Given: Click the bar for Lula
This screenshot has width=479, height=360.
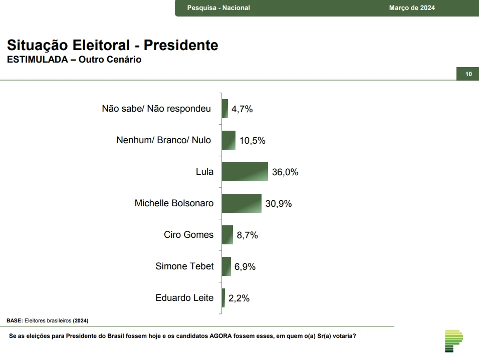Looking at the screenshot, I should click(x=245, y=172).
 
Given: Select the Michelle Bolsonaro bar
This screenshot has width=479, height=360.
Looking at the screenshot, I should click(x=242, y=203).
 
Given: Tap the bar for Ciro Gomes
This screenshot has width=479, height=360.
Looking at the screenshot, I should click(x=227, y=235).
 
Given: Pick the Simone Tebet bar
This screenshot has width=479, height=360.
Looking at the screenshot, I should click(x=226, y=266).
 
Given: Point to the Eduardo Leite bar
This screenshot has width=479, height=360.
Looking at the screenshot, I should click(x=223, y=298).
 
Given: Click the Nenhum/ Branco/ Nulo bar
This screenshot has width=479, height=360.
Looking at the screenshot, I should click(x=228, y=140).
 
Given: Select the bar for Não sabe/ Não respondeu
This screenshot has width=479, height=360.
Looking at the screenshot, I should click(x=225, y=109).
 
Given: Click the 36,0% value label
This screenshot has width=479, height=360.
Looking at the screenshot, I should click(x=285, y=172).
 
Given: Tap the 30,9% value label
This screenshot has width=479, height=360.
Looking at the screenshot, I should click(x=279, y=204).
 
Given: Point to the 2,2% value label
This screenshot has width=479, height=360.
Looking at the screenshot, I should click(x=239, y=298).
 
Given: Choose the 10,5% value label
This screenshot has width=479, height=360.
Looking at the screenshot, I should click(x=253, y=141).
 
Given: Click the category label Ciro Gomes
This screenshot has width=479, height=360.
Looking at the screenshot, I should click(x=188, y=235).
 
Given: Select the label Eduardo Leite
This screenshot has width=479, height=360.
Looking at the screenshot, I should click(x=184, y=298).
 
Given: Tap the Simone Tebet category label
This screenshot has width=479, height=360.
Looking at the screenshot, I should click(x=184, y=266).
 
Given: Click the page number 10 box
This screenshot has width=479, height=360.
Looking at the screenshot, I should click(x=468, y=74).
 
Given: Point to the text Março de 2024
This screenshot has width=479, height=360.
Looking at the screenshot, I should click(x=412, y=8).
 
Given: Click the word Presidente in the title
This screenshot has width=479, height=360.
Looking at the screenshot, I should click(x=181, y=46).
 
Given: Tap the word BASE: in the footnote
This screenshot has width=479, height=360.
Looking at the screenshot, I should click(x=15, y=320).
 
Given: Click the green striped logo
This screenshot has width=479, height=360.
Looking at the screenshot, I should click(x=453, y=340).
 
